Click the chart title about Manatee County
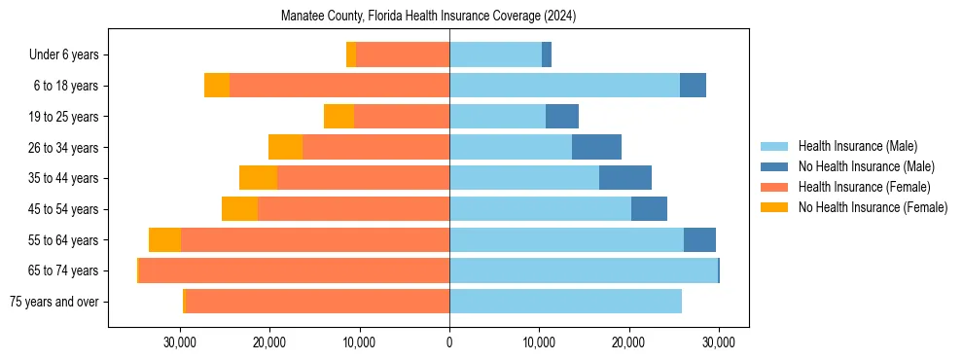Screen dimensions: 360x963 click(x=429, y=17)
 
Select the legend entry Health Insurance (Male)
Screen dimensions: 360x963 click(x=857, y=146)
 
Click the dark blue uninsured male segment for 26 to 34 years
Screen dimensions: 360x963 click(x=596, y=147)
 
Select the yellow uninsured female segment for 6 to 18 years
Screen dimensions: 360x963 click(x=217, y=86)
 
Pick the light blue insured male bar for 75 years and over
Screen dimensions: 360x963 click(x=565, y=302)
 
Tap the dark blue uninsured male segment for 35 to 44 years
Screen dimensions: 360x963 click(x=625, y=178)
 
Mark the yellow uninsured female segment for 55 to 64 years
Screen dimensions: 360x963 click(x=164, y=239)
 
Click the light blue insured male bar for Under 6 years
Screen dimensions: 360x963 click(x=495, y=54)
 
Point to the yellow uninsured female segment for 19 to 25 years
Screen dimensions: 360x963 click(x=339, y=117)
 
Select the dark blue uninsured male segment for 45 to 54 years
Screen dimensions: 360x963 click(x=649, y=209)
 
